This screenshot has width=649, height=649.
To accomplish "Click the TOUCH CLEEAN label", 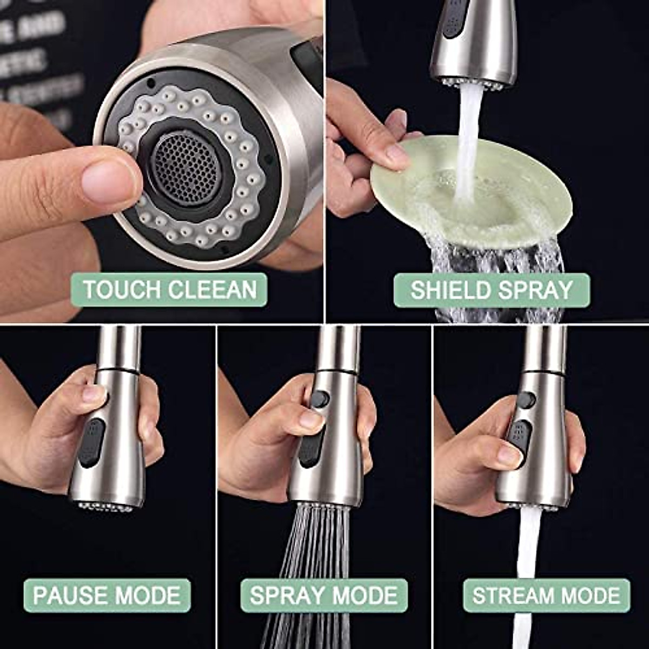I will point(169,290).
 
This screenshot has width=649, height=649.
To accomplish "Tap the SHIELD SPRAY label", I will point(491,290).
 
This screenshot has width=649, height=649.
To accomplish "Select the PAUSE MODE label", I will point(107,595).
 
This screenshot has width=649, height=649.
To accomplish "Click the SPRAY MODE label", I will point(323,595).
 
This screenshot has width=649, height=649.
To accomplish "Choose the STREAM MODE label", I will point(546,595).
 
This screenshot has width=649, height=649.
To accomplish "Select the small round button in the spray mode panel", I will point(320,399).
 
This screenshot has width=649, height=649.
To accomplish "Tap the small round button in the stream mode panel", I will point(526,400).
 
